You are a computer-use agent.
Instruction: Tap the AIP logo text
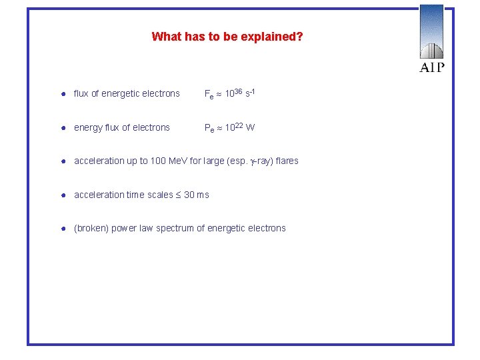point(432,67)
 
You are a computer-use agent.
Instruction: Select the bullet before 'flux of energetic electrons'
point(61,94)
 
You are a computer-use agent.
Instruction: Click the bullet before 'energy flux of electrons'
point(61,128)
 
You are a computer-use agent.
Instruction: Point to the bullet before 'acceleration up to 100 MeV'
point(61,161)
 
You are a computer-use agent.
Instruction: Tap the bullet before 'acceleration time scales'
point(61,195)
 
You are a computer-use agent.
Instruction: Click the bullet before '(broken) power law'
point(61,229)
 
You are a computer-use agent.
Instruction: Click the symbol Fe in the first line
point(209,95)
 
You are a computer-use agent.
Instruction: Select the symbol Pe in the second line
point(209,129)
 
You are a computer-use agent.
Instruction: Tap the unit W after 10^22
point(251,128)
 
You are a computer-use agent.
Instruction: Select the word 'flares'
point(286,161)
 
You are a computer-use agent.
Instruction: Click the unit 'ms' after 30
point(202,195)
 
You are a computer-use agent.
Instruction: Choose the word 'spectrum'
point(177,229)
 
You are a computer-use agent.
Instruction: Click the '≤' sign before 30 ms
point(177,195)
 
